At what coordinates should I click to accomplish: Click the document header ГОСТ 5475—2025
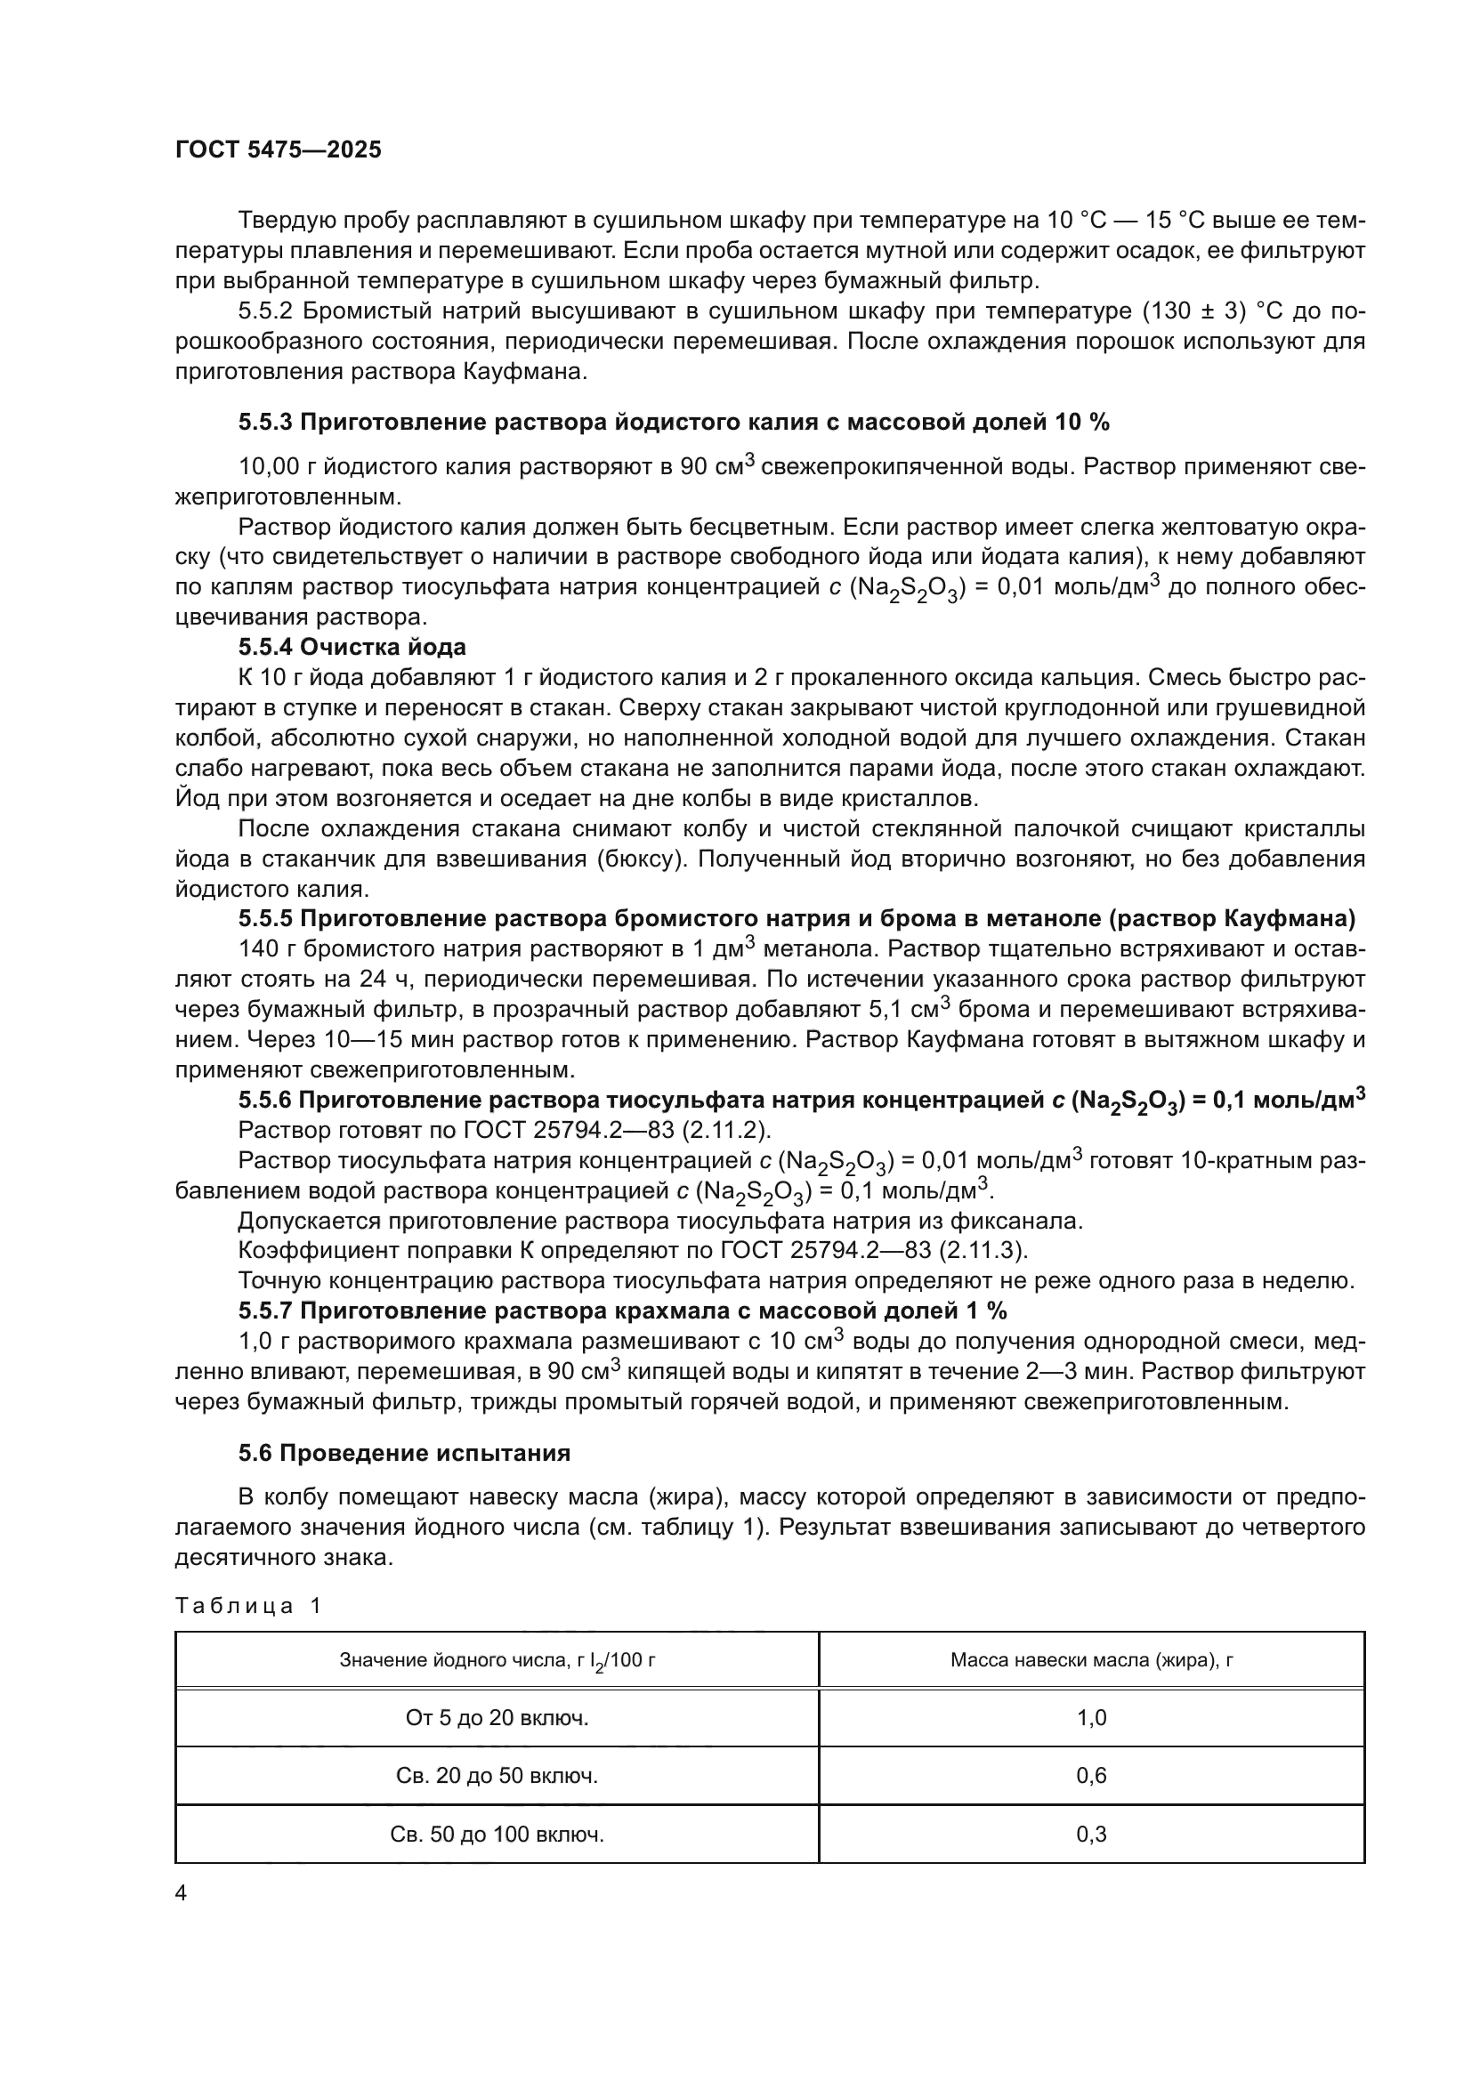click(x=279, y=150)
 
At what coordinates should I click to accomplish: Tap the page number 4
click(x=181, y=1893)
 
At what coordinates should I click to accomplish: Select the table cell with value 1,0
click(x=1091, y=1717)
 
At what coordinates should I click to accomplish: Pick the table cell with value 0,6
click(x=1091, y=1776)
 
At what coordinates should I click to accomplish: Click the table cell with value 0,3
click(x=1091, y=1835)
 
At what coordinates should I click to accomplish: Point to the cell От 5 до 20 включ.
click(x=497, y=1717)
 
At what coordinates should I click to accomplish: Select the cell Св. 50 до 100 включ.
click(x=497, y=1835)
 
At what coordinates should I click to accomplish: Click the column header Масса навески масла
click(x=1091, y=1660)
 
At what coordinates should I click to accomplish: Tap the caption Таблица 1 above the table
click(x=248, y=1606)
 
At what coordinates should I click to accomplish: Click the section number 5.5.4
click(x=265, y=647)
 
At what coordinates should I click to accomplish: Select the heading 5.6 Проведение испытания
click(x=404, y=1454)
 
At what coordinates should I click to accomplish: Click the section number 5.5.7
click(x=265, y=1311)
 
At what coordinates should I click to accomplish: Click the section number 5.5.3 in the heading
click(x=265, y=423)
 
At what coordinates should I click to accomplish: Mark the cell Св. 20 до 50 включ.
click(x=497, y=1776)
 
